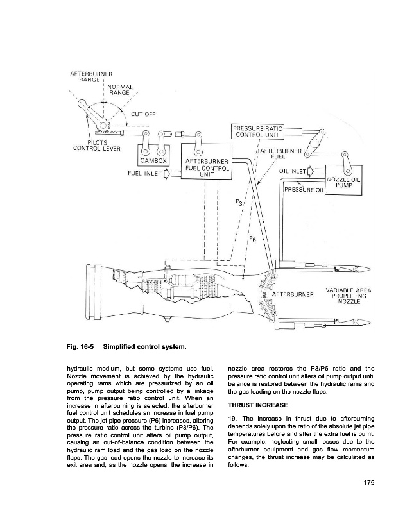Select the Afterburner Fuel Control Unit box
(x=206, y=167)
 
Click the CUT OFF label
(x=142, y=115)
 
